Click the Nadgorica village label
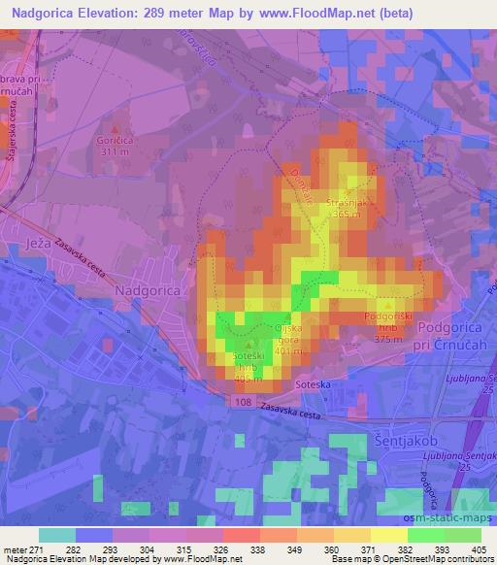[x=147, y=289]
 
